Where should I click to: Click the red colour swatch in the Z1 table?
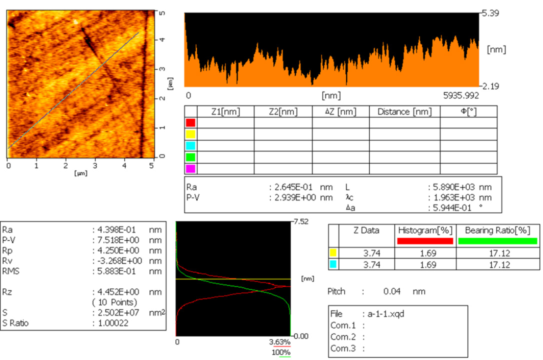tap(190, 122)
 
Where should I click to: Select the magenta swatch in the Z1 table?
tap(190, 168)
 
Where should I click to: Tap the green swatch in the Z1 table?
tap(190, 157)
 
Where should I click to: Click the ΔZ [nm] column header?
tap(340, 111)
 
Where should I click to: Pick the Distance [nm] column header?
tap(404, 111)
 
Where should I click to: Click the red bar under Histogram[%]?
tap(425, 241)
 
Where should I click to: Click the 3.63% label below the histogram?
tap(280, 342)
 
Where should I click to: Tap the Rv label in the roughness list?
tap(8, 261)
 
